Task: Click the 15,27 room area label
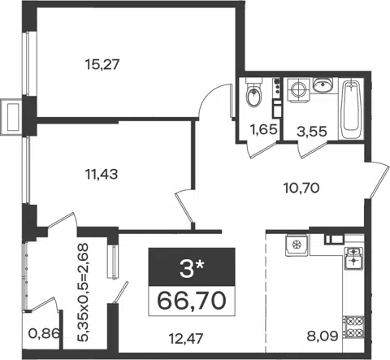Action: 102,65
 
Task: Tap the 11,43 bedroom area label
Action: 102,174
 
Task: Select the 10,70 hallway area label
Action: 301,188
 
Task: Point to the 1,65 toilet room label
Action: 264,129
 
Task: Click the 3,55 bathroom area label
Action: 312,132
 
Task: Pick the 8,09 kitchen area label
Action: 323,336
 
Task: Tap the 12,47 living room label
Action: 185,338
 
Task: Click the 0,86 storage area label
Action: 44,333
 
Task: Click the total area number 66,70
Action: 192,301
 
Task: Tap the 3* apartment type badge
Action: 192,267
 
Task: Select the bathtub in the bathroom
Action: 351,109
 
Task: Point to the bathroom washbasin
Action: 323,85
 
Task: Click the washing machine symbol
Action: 297,90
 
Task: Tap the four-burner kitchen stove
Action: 353,327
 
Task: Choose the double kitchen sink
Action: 353,258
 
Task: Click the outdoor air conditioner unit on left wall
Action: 11,117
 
